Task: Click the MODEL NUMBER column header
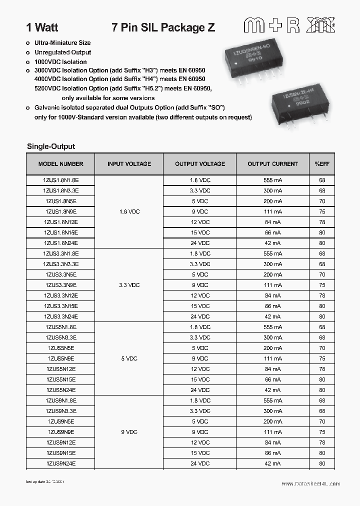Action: click(60, 164)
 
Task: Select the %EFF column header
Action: click(322, 164)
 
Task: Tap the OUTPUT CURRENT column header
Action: click(272, 164)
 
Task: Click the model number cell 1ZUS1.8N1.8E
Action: click(60, 180)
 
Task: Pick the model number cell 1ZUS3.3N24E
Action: click(60, 316)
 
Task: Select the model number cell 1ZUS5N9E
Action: click(60, 358)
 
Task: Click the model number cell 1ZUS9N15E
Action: click(60, 453)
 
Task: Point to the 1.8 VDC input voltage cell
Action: click(129, 211)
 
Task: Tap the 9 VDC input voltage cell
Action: click(129, 432)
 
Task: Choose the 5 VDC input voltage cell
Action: click(129, 358)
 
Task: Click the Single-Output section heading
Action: click(50, 146)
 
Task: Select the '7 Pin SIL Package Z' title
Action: click(163, 28)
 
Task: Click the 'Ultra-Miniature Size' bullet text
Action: click(62, 43)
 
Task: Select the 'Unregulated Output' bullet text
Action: click(62, 52)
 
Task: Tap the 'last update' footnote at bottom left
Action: click(45, 482)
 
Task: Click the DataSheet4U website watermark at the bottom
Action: click(310, 484)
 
